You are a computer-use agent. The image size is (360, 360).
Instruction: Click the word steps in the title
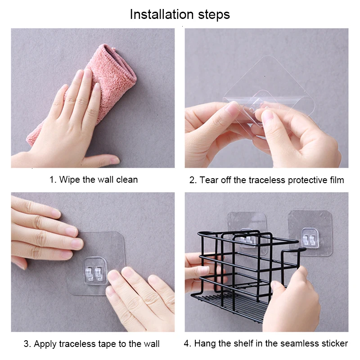pyautogui.click(x=214, y=15)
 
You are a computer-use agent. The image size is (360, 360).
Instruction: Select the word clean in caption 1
pyautogui.click(x=127, y=180)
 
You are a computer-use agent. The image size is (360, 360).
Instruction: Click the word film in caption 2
pyautogui.click(x=337, y=180)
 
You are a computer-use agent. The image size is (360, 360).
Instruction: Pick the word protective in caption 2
pyautogui.click(x=307, y=180)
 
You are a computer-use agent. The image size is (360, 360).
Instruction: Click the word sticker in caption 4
pyautogui.click(x=334, y=343)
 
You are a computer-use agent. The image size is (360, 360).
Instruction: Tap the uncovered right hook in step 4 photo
pyautogui.click(x=310, y=238)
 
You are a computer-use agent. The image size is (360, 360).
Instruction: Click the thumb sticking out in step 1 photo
pyautogui.click(x=101, y=160)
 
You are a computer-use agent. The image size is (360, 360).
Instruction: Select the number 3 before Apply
pyautogui.click(x=27, y=344)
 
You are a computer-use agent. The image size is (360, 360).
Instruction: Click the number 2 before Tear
pyautogui.click(x=193, y=180)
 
